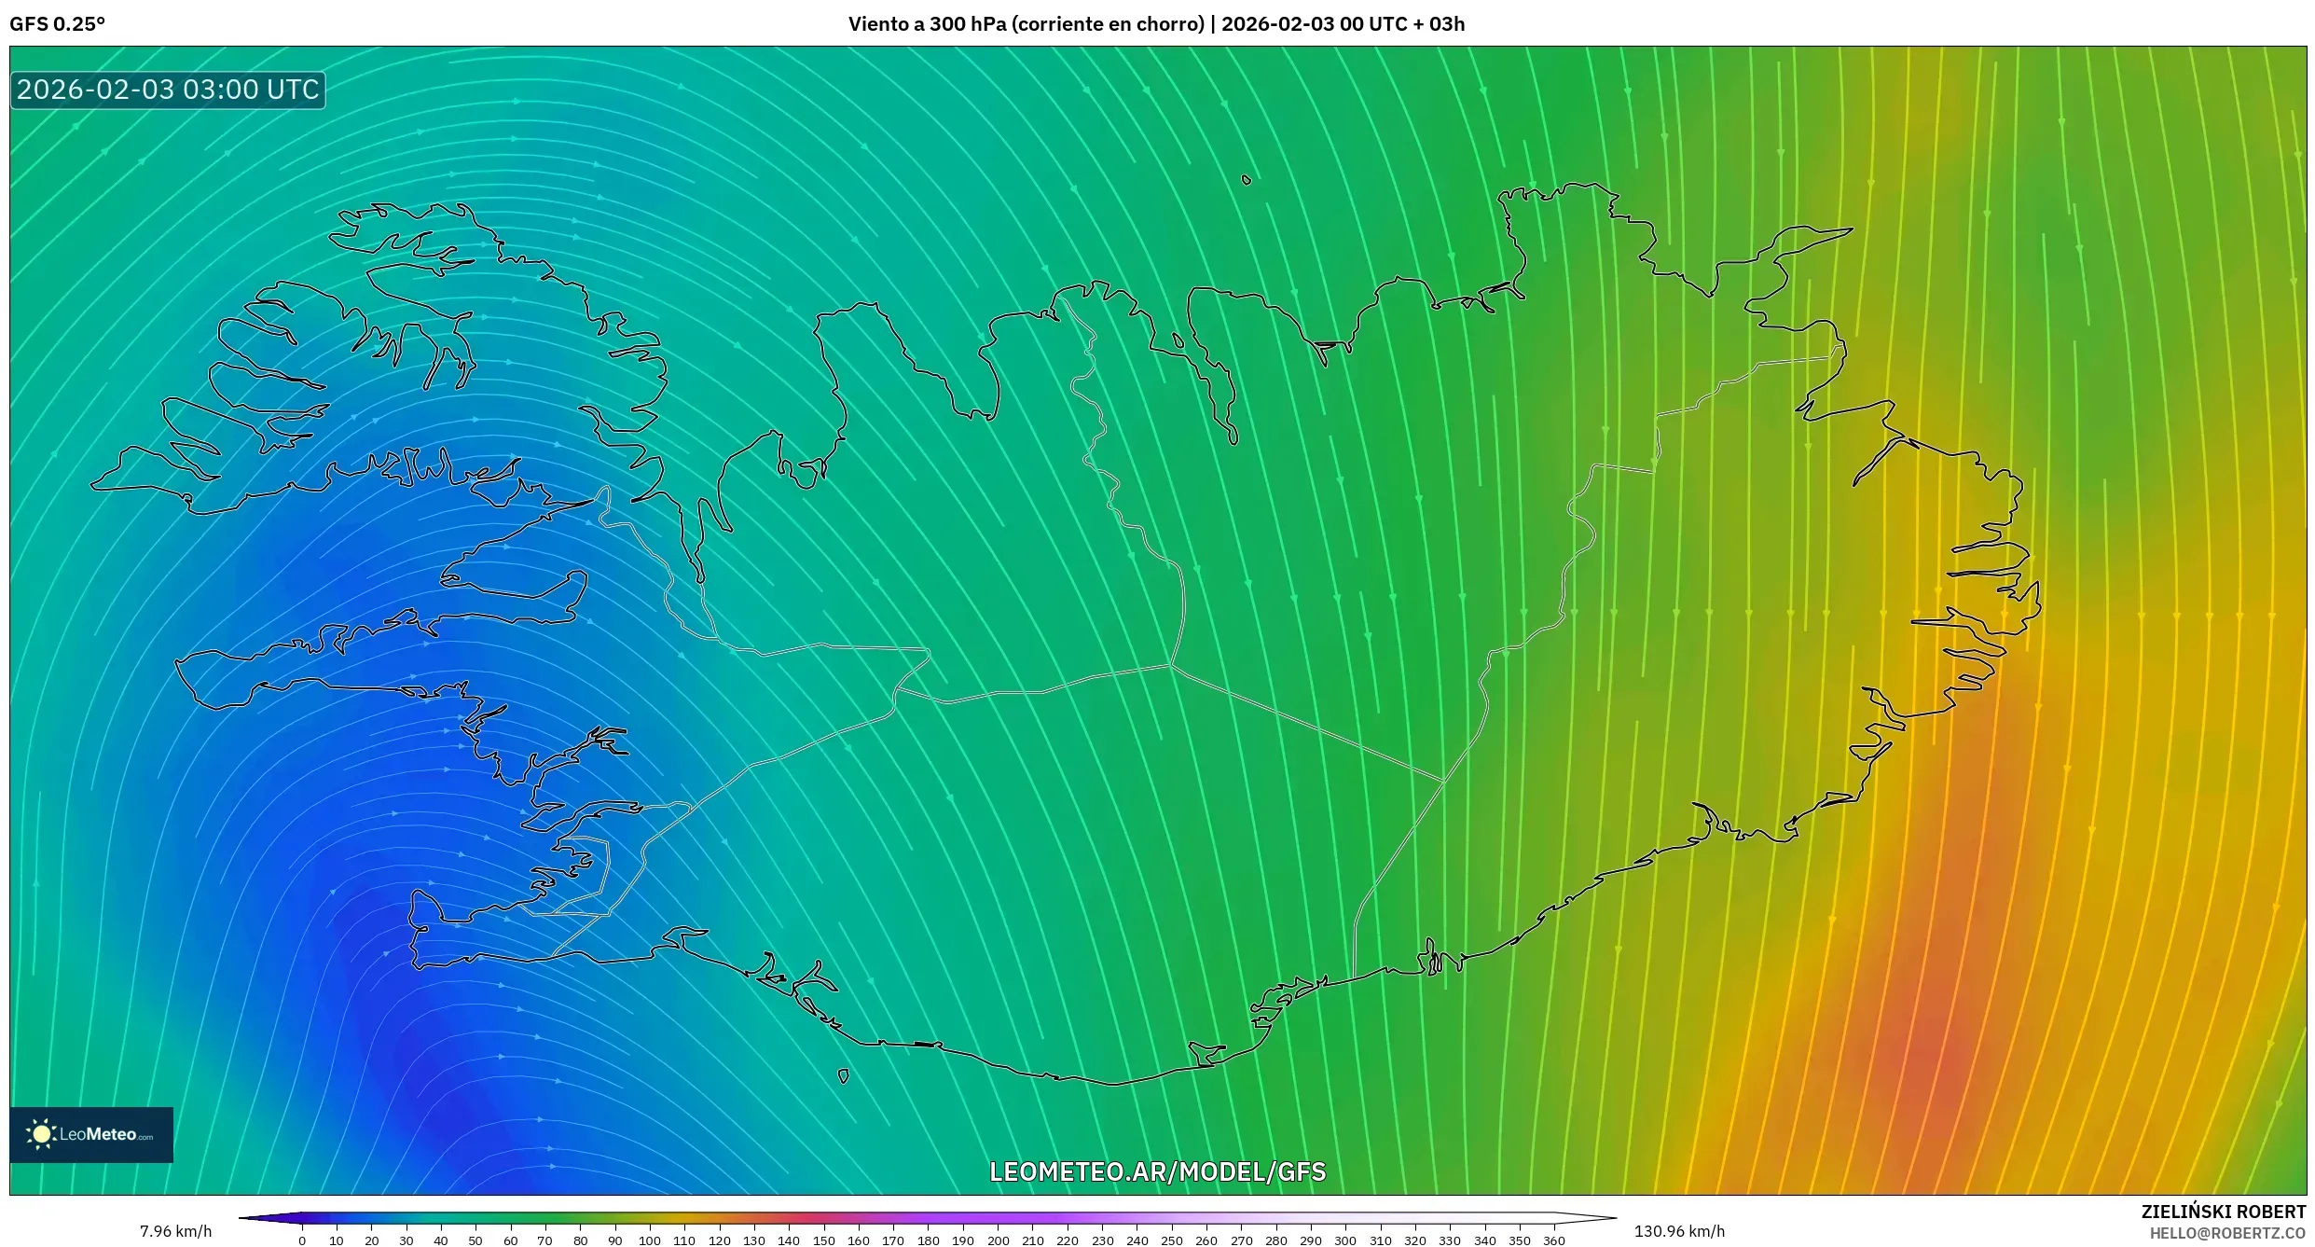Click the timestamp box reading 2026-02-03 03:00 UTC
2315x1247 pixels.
(168, 90)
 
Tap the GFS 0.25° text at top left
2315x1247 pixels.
(57, 24)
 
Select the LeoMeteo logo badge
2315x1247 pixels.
(91, 1134)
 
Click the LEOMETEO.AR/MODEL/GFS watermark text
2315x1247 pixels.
(1157, 1171)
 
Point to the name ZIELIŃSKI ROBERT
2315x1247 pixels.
(2223, 1212)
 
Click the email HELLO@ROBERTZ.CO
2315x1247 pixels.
(2227, 1233)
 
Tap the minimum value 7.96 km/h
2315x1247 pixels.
(175, 1231)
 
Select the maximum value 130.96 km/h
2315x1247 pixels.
(1679, 1231)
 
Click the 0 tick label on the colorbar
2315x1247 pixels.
(302, 1240)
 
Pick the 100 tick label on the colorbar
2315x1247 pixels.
(650, 1240)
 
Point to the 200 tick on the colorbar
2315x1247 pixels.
(998, 1240)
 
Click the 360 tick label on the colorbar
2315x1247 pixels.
(1553, 1240)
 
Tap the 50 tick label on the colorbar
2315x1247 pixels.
(475, 1240)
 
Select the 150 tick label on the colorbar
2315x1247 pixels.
(823, 1240)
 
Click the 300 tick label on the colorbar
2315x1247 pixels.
(1344, 1240)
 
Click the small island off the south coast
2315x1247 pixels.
(844, 1076)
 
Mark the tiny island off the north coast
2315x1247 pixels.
(1247, 180)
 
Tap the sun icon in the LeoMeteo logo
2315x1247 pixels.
(41, 1134)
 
